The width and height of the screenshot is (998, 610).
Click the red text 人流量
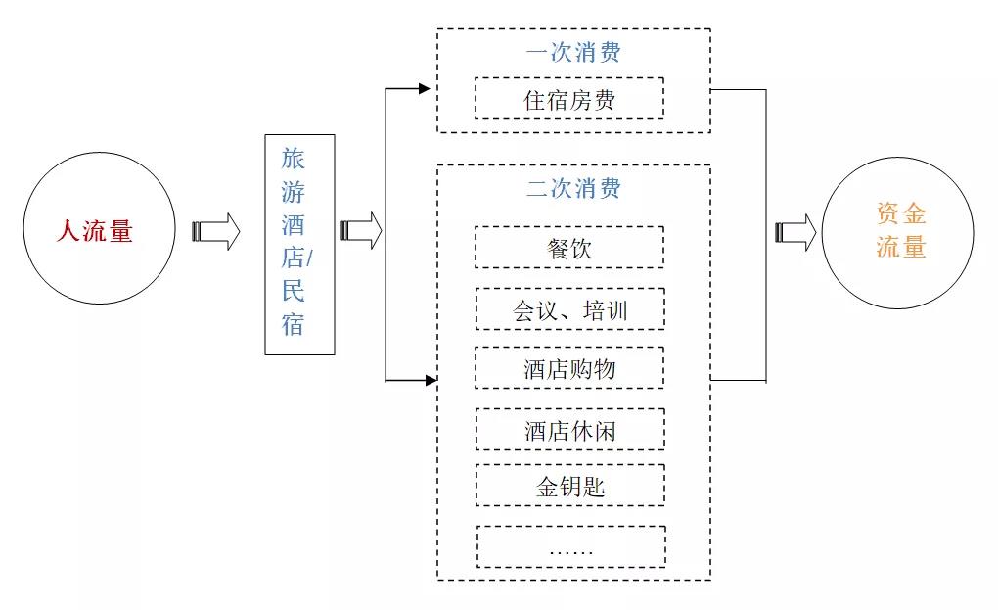click(x=93, y=232)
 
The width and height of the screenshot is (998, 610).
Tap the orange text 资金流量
click(x=901, y=231)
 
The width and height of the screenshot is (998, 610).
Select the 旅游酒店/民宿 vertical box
click(x=299, y=244)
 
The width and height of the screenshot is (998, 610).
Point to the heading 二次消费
click(x=573, y=188)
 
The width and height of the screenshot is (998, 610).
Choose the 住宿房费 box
click(x=569, y=99)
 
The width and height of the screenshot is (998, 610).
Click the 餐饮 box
click(x=569, y=248)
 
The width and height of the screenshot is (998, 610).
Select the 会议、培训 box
click(x=569, y=309)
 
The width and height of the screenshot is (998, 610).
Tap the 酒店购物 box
click(x=569, y=368)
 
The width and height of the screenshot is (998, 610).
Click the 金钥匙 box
click(x=569, y=486)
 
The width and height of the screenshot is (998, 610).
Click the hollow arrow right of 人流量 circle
click(x=215, y=231)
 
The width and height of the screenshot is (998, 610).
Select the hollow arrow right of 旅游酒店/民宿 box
click(x=361, y=231)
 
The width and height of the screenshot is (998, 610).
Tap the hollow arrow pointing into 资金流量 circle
click(x=795, y=231)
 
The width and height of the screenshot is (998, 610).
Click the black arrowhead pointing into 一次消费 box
click(x=425, y=89)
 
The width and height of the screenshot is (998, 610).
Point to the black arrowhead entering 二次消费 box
click(x=431, y=380)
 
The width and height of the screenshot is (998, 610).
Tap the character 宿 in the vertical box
click(x=294, y=324)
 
